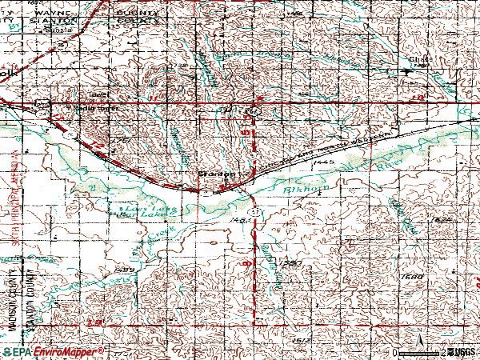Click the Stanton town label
point(217,173)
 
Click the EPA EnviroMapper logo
point(53,352)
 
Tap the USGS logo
point(462,352)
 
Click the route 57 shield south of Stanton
point(252,210)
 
